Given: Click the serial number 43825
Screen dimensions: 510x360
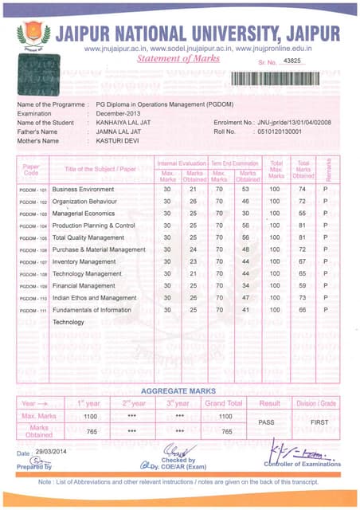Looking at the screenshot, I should [x=293, y=61].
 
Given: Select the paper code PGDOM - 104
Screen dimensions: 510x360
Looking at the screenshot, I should [x=33, y=226].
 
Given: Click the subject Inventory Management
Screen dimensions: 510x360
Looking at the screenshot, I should [x=84, y=261].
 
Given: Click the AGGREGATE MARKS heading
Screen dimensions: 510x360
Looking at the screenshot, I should [x=179, y=391].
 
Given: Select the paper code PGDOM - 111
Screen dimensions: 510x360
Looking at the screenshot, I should [x=33, y=310].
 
